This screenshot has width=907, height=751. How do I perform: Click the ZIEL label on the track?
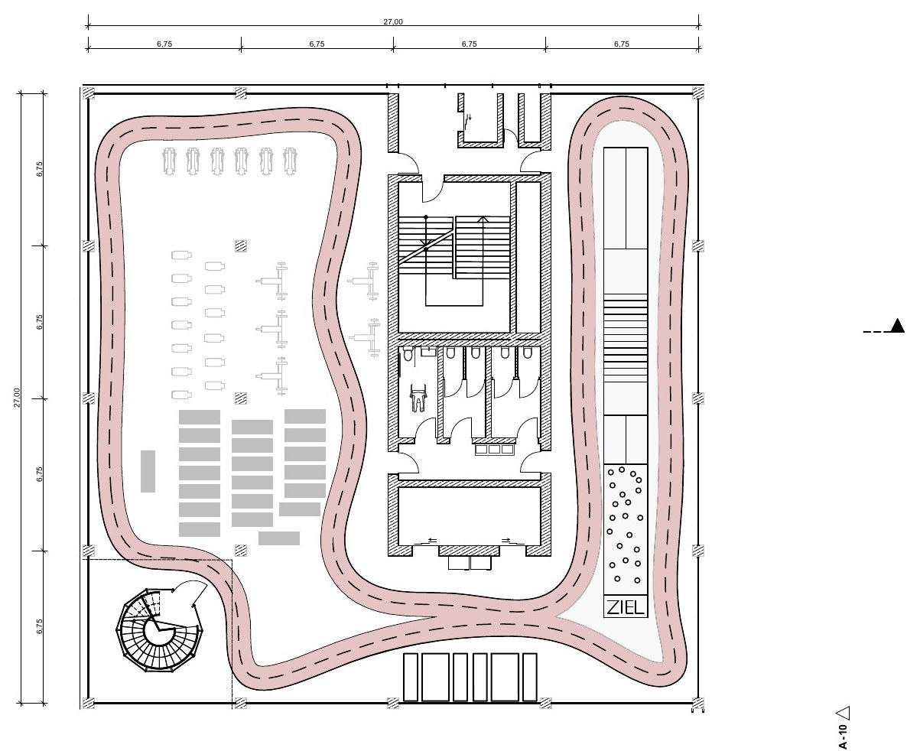(x=626, y=607)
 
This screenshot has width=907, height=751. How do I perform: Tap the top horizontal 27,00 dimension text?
(x=393, y=22)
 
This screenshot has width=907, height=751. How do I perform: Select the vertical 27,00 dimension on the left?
(x=18, y=398)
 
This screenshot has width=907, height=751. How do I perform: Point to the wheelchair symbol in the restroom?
(x=418, y=398)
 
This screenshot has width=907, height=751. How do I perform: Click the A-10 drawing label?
(x=843, y=736)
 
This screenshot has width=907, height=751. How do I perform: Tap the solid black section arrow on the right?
(x=897, y=326)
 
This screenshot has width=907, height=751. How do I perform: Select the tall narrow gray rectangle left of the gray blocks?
(x=148, y=472)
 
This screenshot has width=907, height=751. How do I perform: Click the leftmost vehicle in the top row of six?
(x=169, y=161)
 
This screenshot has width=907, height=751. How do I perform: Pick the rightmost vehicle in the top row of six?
(x=290, y=161)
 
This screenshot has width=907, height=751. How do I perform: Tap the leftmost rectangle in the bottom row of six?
(x=410, y=677)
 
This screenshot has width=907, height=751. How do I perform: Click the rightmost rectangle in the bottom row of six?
(x=530, y=677)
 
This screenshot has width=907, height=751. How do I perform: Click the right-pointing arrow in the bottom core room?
(x=506, y=540)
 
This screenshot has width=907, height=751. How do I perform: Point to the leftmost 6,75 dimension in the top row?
(x=164, y=44)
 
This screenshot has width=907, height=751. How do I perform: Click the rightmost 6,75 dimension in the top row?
(x=621, y=44)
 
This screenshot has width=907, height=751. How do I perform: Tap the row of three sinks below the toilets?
(x=495, y=448)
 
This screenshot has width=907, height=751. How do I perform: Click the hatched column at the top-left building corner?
(x=89, y=93)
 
